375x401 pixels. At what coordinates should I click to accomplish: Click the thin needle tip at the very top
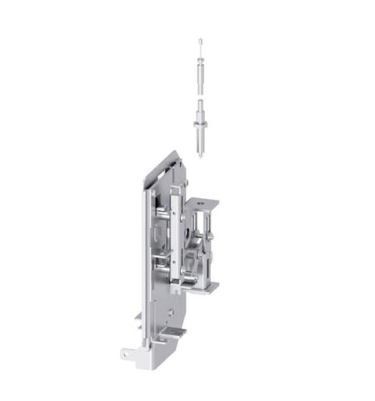pyautogui.click(x=200, y=41)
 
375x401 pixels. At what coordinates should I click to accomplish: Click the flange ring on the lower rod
pyautogui.click(x=200, y=125)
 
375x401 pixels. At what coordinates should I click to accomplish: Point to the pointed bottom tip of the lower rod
pyautogui.click(x=200, y=155)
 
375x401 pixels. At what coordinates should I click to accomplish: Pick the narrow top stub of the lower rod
pyautogui.click(x=200, y=104)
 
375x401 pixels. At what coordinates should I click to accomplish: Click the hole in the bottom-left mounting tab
pyautogui.click(x=126, y=354)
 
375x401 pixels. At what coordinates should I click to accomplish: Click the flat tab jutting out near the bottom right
pyautogui.click(x=174, y=333)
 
